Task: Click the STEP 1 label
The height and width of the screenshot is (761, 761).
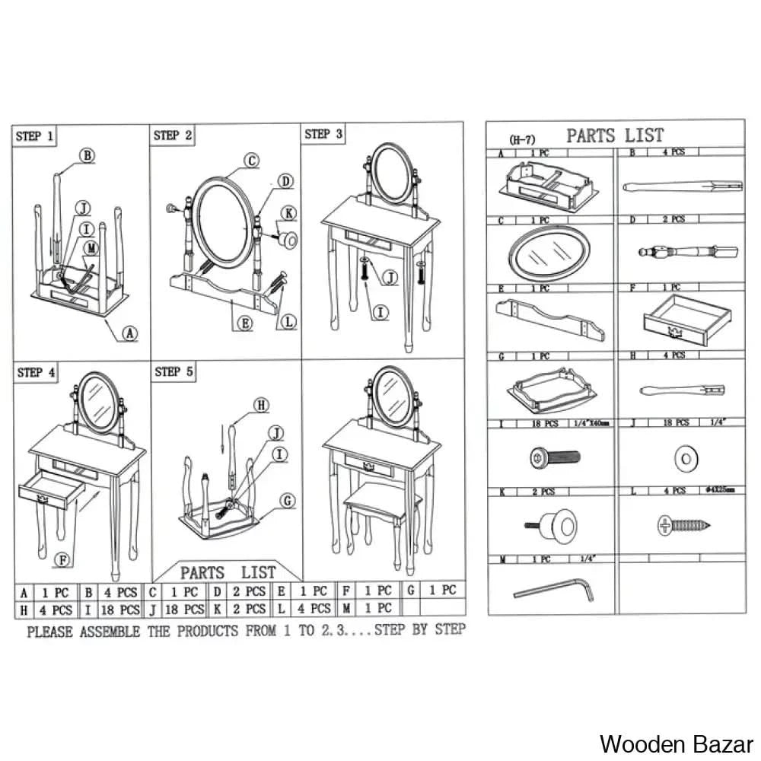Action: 35,137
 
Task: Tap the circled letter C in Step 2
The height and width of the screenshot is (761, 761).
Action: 252,161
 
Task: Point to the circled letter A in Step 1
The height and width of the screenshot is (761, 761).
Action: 130,332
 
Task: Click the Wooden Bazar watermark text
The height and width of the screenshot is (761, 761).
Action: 677,743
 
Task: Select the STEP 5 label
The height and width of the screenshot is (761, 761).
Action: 174,372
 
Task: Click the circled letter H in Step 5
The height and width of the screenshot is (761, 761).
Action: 261,406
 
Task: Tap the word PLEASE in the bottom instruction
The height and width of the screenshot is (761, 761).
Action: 52,631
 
